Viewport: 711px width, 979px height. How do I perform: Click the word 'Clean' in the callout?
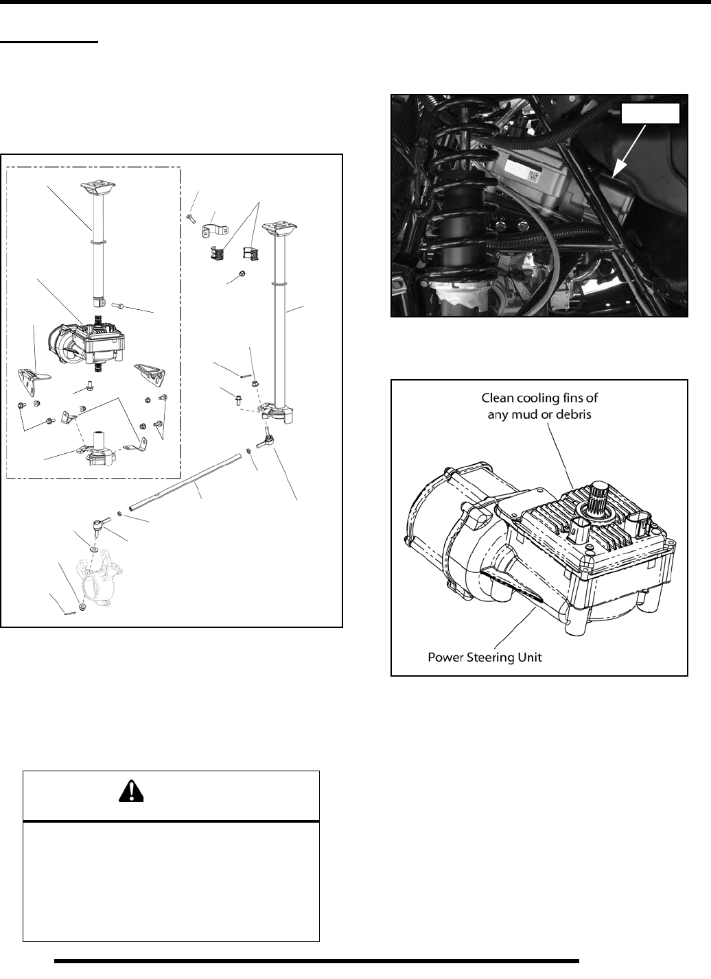(x=498, y=396)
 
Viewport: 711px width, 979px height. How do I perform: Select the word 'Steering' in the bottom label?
(x=490, y=656)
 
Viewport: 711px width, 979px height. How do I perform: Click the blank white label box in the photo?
(x=650, y=114)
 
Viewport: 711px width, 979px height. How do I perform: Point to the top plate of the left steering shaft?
(x=95, y=187)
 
